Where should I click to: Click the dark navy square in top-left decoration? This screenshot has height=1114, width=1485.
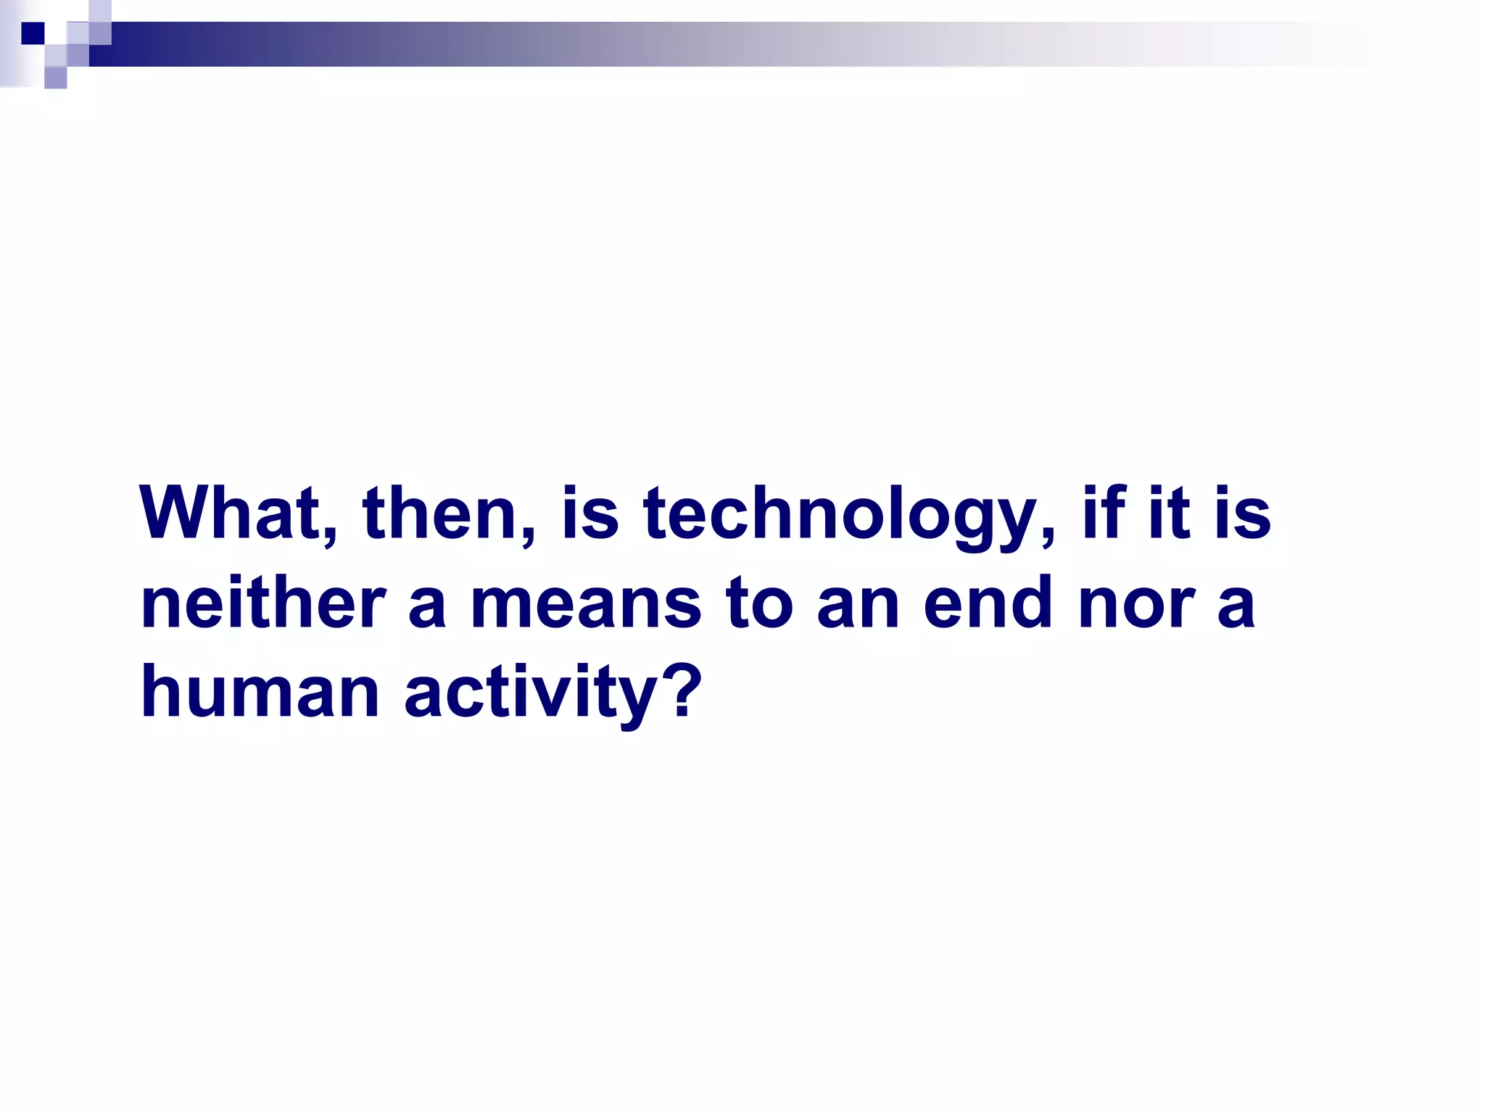tap(33, 33)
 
